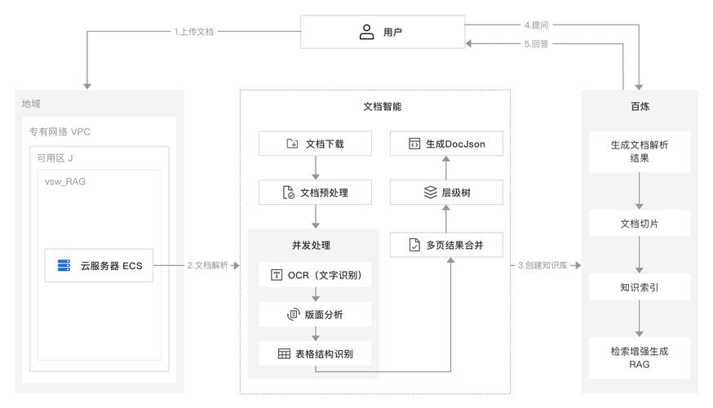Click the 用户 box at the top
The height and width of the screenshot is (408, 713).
382,33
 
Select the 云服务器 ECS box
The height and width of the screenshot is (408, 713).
99,265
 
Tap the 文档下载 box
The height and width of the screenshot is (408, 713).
315,144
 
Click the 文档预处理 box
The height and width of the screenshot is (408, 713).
315,193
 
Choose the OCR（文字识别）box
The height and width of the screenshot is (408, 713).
315,275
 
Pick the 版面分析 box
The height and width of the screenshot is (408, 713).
315,314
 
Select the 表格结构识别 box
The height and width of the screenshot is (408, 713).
315,353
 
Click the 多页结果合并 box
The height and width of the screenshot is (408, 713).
445,245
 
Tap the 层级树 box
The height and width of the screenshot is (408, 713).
445,193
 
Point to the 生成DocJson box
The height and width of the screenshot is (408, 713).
445,144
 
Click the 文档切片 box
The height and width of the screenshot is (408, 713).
640,223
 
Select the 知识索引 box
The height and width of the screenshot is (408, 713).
640,287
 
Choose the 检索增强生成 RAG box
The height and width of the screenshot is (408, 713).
640,357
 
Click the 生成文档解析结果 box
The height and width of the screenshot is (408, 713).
640,151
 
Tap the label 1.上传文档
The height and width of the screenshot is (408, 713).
195,32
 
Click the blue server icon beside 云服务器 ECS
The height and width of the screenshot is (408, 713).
64,265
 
